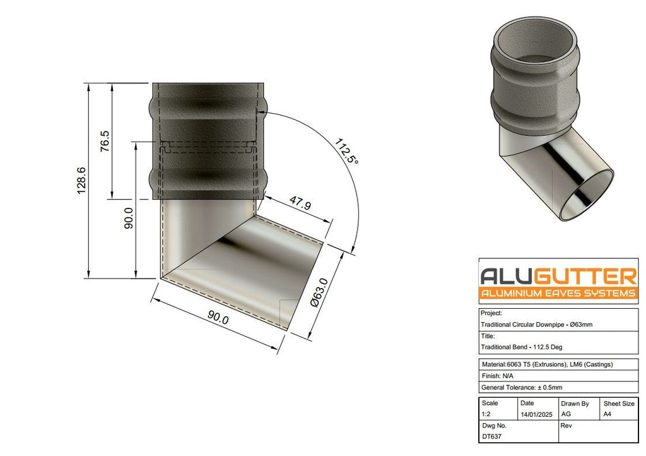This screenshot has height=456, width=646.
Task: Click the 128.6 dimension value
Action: point(81,180)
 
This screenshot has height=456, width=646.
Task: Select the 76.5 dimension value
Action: point(105,141)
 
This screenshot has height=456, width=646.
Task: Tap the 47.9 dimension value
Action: point(300,203)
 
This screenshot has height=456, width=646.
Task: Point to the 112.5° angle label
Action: point(346,151)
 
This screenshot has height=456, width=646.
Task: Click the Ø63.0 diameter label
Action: point(319,292)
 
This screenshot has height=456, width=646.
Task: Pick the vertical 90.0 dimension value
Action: point(129,218)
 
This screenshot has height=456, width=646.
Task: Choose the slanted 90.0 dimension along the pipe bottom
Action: point(218,318)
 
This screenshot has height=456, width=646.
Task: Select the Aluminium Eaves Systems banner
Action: point(558,294)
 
